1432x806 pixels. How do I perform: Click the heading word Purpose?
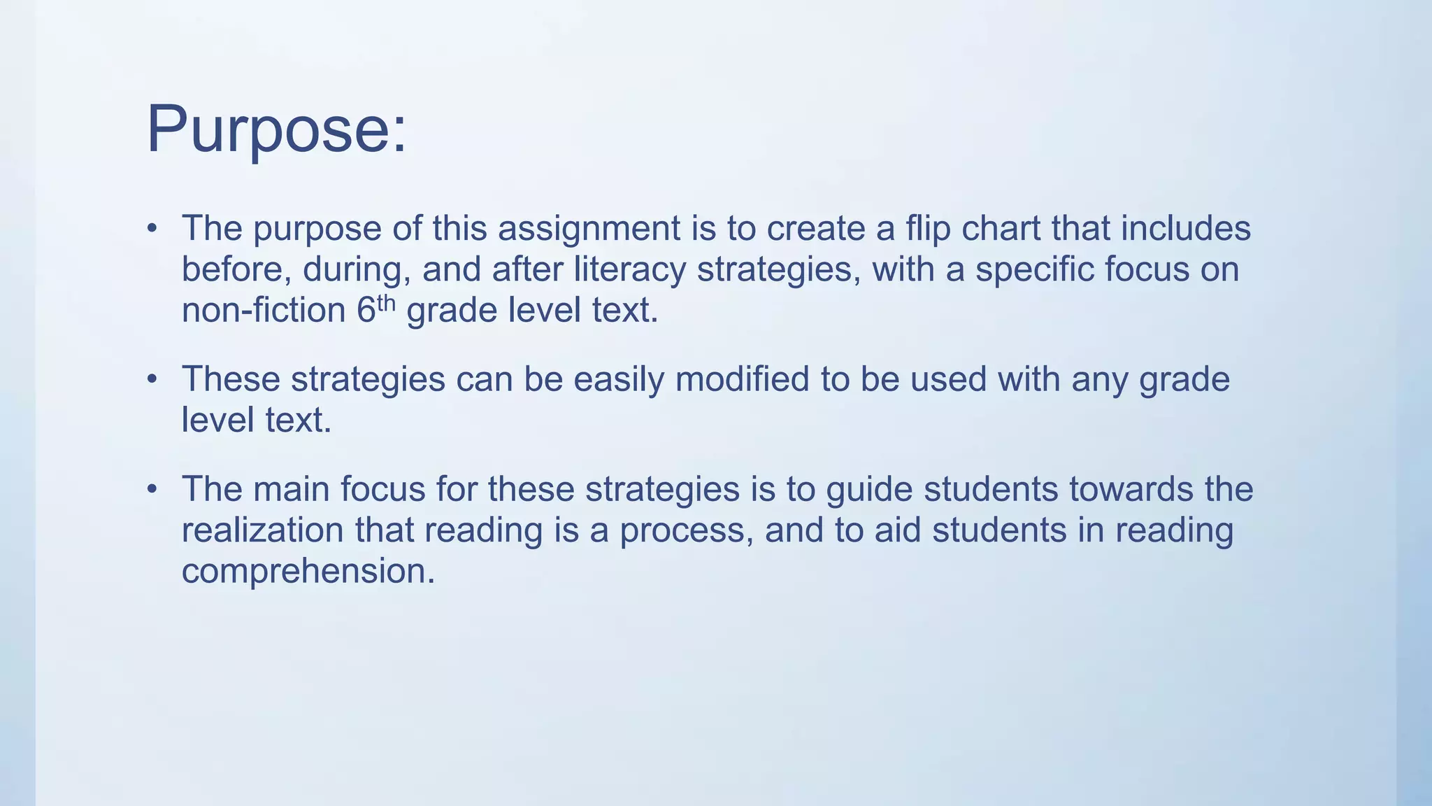pyautogui.click(x=276, y=130)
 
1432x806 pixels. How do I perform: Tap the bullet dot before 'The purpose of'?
pyautogui.click(x=152, y=229)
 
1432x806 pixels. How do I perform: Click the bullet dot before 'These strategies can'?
pyautogui.click(x=152, y=379)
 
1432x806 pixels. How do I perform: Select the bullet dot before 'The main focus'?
pyautogui.click(x=152, y=489)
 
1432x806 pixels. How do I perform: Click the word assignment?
pyautogui.click(x=589, y=229)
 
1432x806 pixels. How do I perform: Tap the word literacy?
pyautogui.click(x=629, y=270)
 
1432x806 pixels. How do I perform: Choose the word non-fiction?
pyautogui.click(x=264, y=310)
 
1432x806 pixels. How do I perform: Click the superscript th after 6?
pyautogui.click(x=387, y=303)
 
